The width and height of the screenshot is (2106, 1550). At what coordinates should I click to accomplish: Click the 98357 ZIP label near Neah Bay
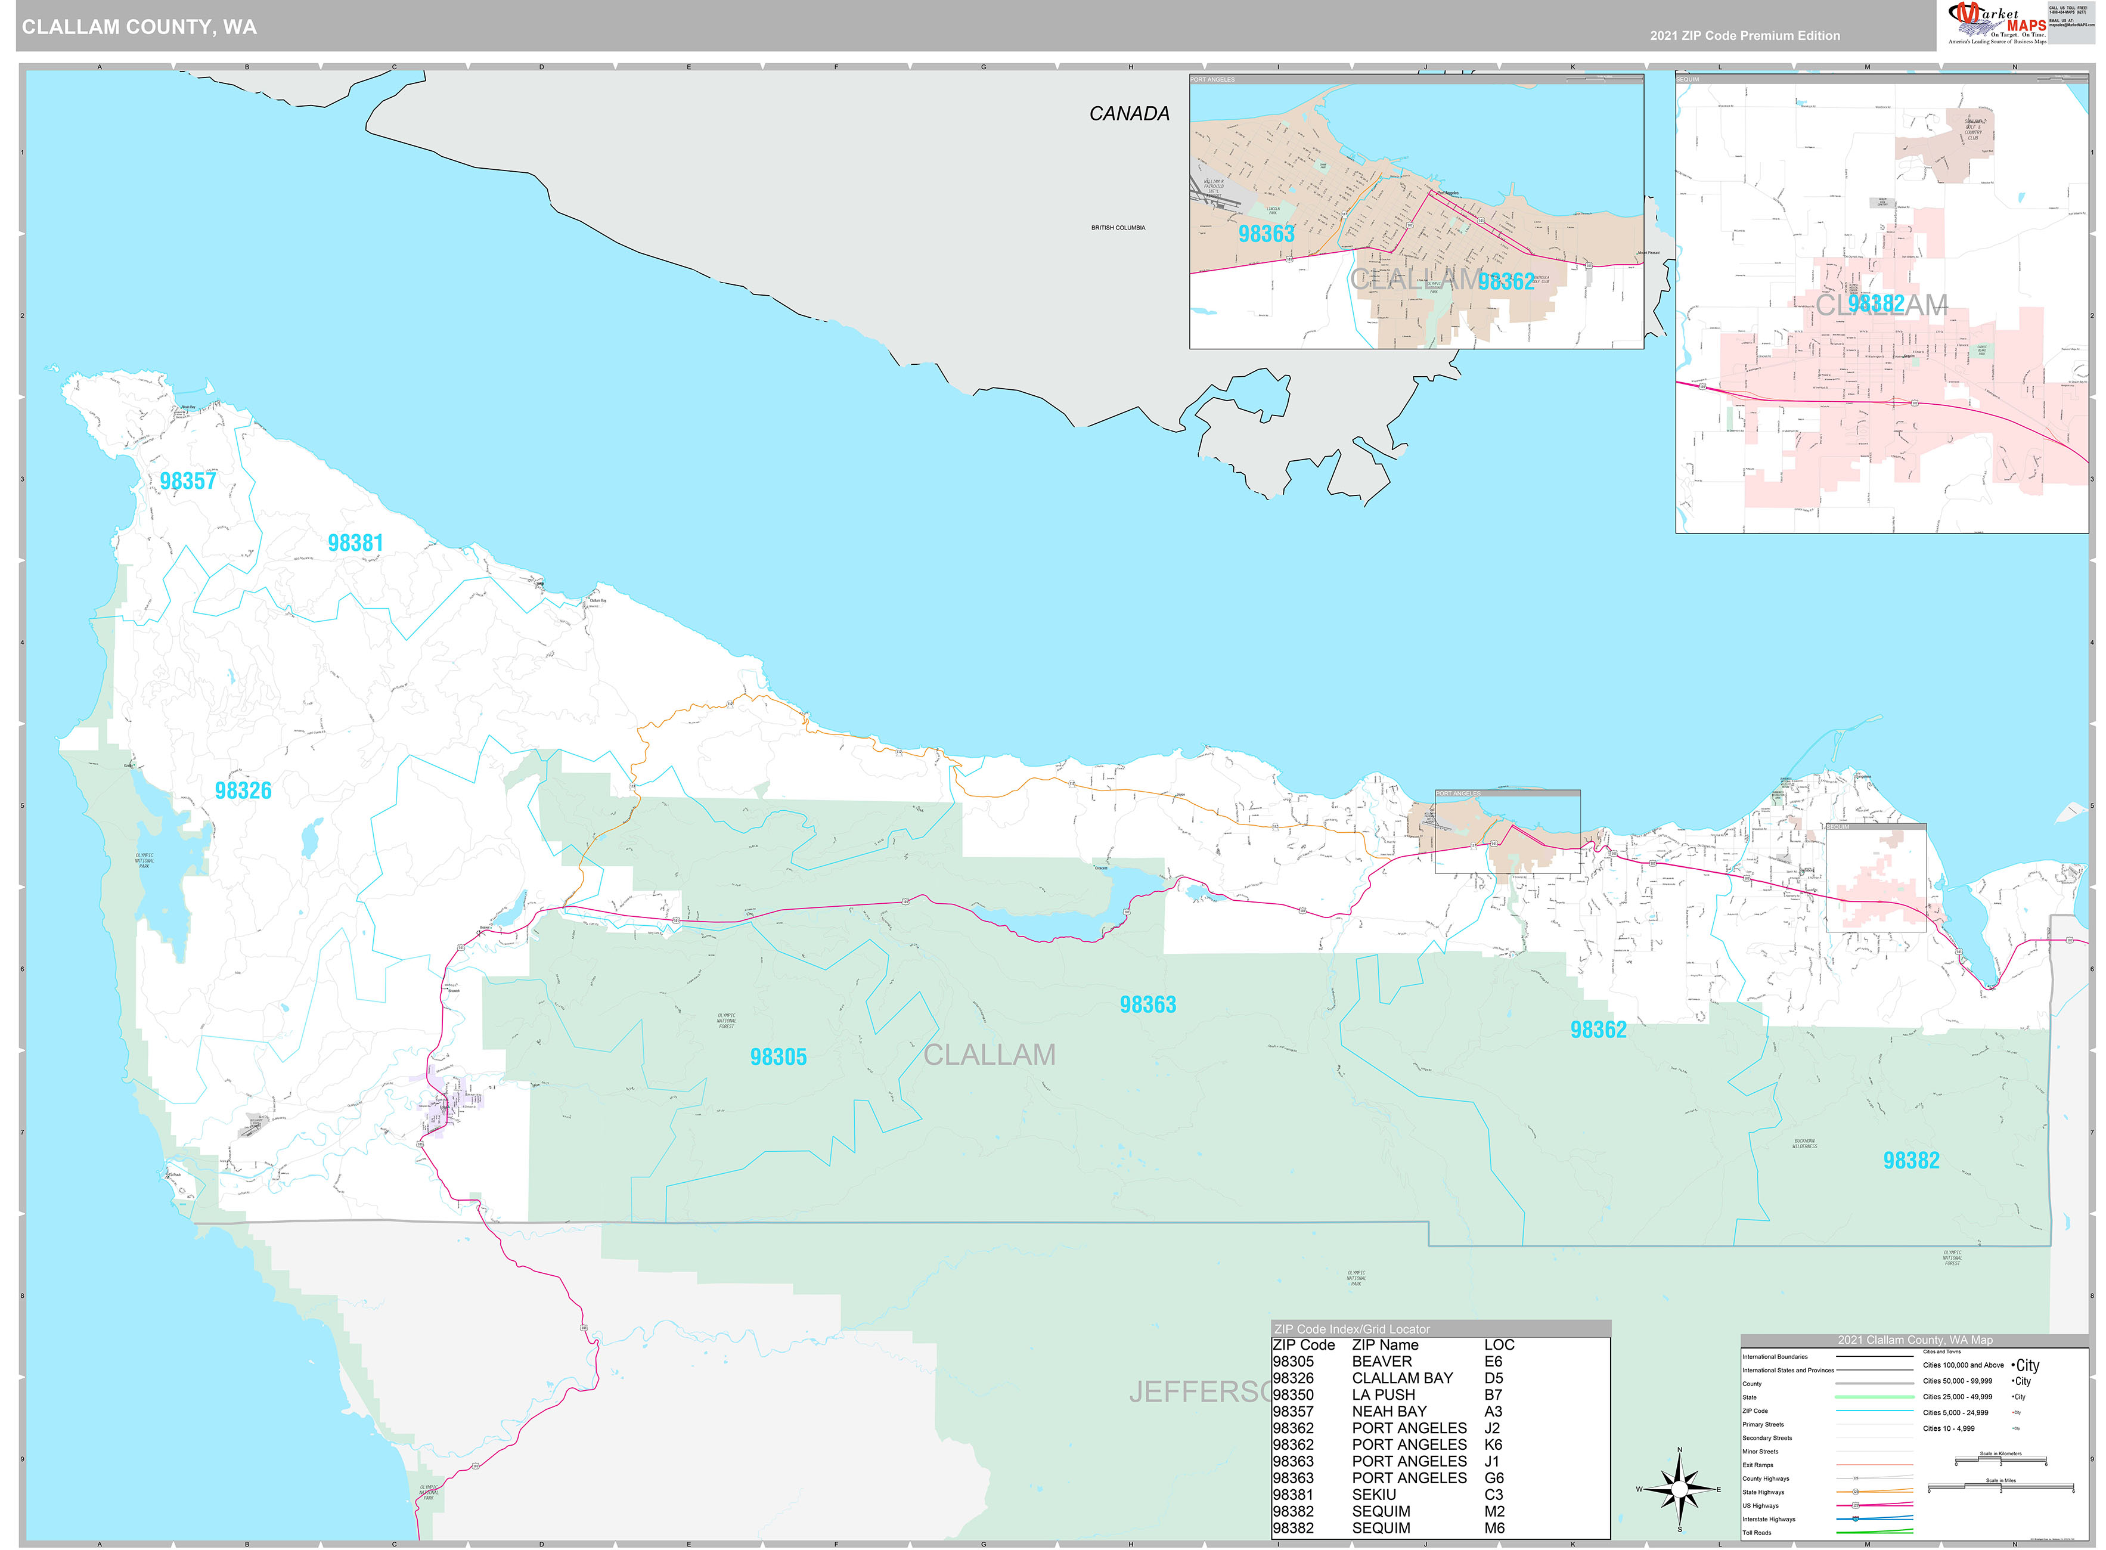tap(188, 481)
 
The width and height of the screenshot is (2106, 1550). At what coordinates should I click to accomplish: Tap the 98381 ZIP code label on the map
tap(355, 543)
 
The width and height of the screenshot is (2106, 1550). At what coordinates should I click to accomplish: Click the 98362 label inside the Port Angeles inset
tap(1506, 281)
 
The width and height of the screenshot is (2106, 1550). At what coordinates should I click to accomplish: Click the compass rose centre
tap(1679, 1489)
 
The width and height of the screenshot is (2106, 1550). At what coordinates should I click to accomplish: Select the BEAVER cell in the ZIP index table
tap(1381, 1362)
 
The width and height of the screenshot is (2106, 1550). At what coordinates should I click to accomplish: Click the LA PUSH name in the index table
tap(1383, 1395)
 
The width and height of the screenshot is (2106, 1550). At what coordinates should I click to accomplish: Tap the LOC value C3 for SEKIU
tap(1493, 1495)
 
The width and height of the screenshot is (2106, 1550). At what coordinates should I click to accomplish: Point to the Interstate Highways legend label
tap(1768, 1519)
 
